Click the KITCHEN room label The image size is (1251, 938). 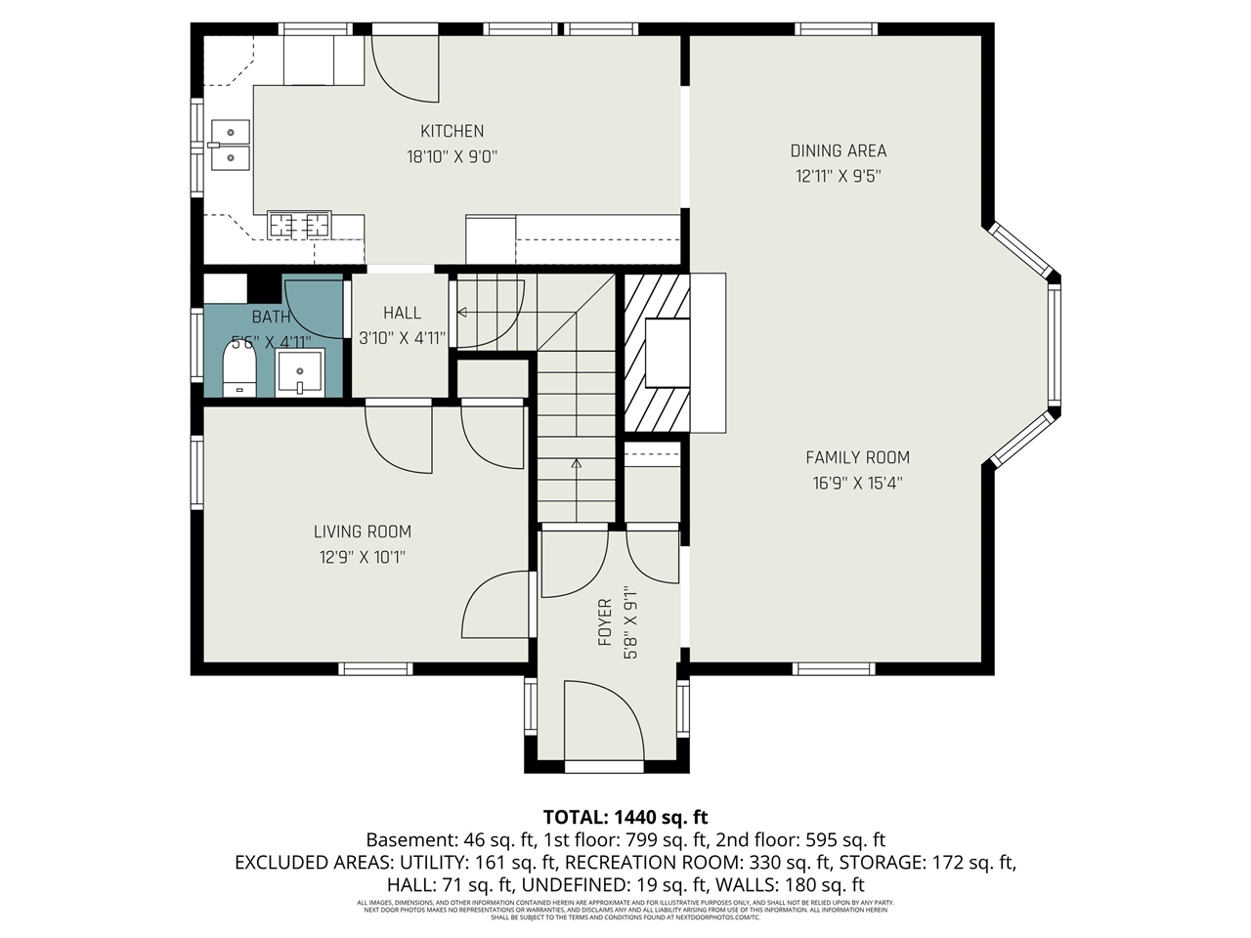point(452,131)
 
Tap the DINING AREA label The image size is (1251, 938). point(838,150)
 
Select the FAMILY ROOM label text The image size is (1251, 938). point(857,457)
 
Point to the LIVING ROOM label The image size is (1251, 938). point(362,532)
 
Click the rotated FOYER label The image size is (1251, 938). point(605,622)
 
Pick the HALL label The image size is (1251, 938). point(402,313)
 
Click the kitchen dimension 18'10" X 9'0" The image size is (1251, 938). point(452,156)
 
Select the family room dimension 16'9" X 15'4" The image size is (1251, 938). point(857,483)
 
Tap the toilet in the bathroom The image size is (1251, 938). point(238,373)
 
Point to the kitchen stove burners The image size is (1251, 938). point(299,226)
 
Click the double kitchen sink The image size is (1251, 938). point(230,143)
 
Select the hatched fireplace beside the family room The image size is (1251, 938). point(657,352)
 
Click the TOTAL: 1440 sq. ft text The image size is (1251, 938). point(625,817)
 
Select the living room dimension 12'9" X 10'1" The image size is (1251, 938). point(362,557)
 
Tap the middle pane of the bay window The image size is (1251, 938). point(1054,344)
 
